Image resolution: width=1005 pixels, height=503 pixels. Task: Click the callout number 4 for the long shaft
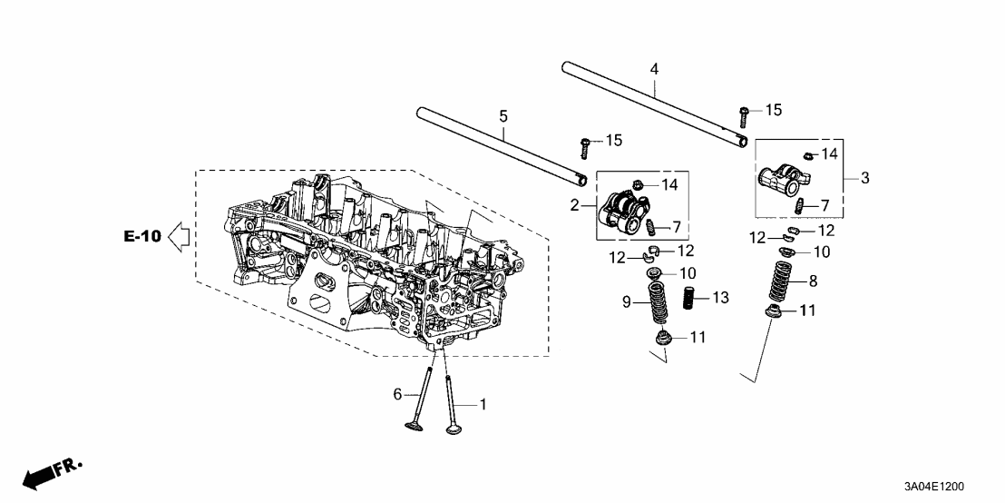(654, 69)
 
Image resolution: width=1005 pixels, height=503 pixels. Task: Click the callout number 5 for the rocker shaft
(504, 116)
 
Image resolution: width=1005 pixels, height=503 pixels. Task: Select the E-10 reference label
(142, 237)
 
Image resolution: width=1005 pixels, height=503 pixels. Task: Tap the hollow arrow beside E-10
(179, 237)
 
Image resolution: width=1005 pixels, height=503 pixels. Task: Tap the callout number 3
(864, 179)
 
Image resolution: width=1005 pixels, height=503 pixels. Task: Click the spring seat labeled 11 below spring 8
(776, 314)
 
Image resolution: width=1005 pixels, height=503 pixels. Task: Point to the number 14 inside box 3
(829, 154)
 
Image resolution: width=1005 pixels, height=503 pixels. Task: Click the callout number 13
(720, 298)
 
